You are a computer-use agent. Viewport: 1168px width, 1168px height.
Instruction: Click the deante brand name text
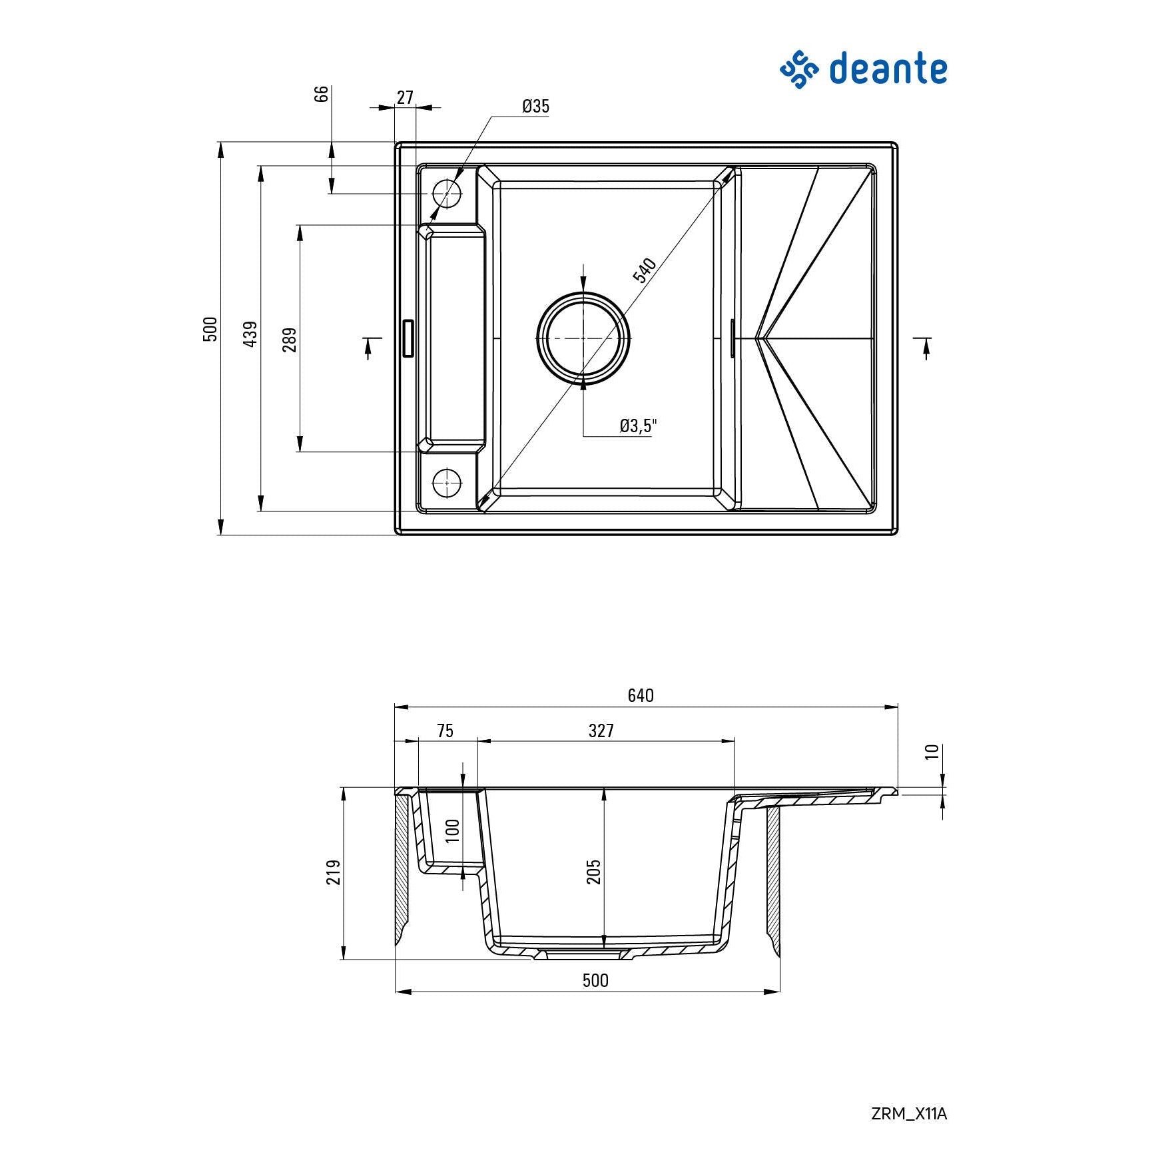[888, 69]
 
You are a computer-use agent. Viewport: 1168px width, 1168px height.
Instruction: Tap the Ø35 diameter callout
[535, 107]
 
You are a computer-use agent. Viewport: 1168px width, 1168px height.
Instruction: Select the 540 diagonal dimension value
[645, 270]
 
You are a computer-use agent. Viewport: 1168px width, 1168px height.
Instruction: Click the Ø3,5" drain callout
[638, 426]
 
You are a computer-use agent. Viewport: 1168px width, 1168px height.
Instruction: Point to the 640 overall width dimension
[641, 695]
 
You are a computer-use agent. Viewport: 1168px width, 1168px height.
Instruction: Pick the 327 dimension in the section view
[601, 730]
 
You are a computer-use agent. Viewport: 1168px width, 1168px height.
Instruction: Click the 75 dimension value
[445, 730]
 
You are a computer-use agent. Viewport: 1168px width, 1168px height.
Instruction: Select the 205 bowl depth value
[593, 872]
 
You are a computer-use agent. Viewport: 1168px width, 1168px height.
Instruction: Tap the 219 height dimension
[334, 872]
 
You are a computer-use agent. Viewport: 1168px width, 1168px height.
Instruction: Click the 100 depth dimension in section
[453, 830]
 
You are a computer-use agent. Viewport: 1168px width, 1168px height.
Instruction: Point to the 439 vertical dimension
[250, 334]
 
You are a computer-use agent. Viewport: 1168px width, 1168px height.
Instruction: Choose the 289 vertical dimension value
[290, 340]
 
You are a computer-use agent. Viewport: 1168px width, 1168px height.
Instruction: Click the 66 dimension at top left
[322, 93]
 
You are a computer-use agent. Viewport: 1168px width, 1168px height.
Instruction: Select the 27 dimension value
[405, 97]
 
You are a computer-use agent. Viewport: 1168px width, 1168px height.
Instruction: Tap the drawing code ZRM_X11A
[908, 1113]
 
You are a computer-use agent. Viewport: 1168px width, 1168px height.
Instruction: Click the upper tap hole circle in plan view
[447, 193]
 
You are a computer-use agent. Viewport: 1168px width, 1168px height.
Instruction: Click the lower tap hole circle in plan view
[447, 482]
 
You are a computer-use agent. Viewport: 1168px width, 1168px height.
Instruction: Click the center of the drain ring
[583, 338]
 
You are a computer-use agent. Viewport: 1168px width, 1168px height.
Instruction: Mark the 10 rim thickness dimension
[932, 751]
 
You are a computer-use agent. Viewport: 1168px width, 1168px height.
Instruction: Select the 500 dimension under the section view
[595, 980]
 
